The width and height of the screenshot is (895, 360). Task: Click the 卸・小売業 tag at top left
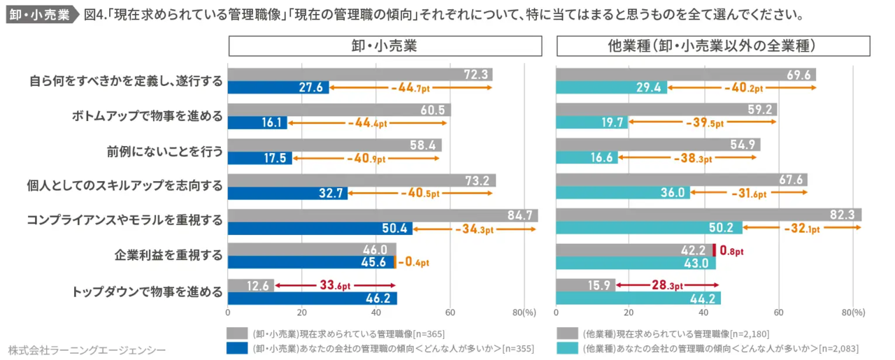(39, 15)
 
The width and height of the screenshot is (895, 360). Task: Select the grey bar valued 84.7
(382, 215)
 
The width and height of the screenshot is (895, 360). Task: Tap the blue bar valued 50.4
(320, 228)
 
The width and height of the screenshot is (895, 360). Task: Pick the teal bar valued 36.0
(622, 193)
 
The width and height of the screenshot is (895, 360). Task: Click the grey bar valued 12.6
(250, 285)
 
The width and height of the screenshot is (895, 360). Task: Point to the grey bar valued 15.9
(585, 285)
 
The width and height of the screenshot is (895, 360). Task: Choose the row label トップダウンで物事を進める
(148, 291)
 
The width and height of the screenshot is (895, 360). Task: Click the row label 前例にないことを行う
(165, 152)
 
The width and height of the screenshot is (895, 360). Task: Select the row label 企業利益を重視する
(169, 257)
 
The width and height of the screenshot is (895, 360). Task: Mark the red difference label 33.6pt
(336, 285)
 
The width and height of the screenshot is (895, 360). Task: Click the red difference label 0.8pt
(731, 250)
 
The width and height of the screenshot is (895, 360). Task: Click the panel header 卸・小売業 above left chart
(385, 46)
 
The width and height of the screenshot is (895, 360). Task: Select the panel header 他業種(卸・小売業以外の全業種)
(713, 46)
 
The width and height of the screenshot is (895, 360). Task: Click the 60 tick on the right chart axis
(778, 312)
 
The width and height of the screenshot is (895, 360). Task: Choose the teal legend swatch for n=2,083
(567, 348)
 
